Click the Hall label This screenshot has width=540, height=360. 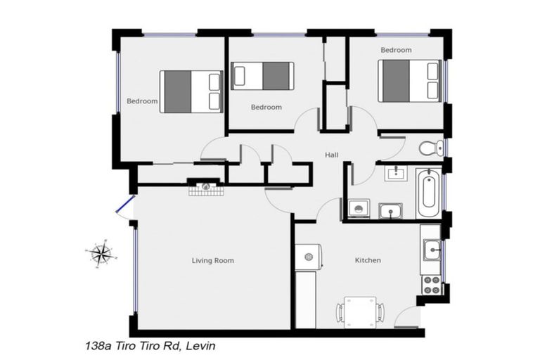click(x=332, y=155)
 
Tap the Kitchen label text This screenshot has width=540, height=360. click(x=367, y=260)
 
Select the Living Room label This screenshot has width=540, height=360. click(x=212, y=260)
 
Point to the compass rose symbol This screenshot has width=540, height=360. click(x=101, y=252)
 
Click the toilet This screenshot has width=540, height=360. click(x=430, y=148)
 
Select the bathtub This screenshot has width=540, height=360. click(x=427, y=193)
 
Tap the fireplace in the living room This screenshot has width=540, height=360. click(x=206, y=188)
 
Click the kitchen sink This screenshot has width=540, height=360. click(x=431, y=250)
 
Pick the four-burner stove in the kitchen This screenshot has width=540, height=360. click(x=431, y=285)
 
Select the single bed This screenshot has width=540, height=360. click(x=262, y=76)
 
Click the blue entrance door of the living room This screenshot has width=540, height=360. click(x=124, y=206)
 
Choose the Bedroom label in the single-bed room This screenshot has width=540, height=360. click(x=266, y=107)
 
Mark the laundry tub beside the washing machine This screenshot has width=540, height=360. click(x=390, y=210)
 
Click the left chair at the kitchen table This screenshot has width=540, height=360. click(x=340, y=312)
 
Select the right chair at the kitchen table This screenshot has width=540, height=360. click(x=380, y=312)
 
